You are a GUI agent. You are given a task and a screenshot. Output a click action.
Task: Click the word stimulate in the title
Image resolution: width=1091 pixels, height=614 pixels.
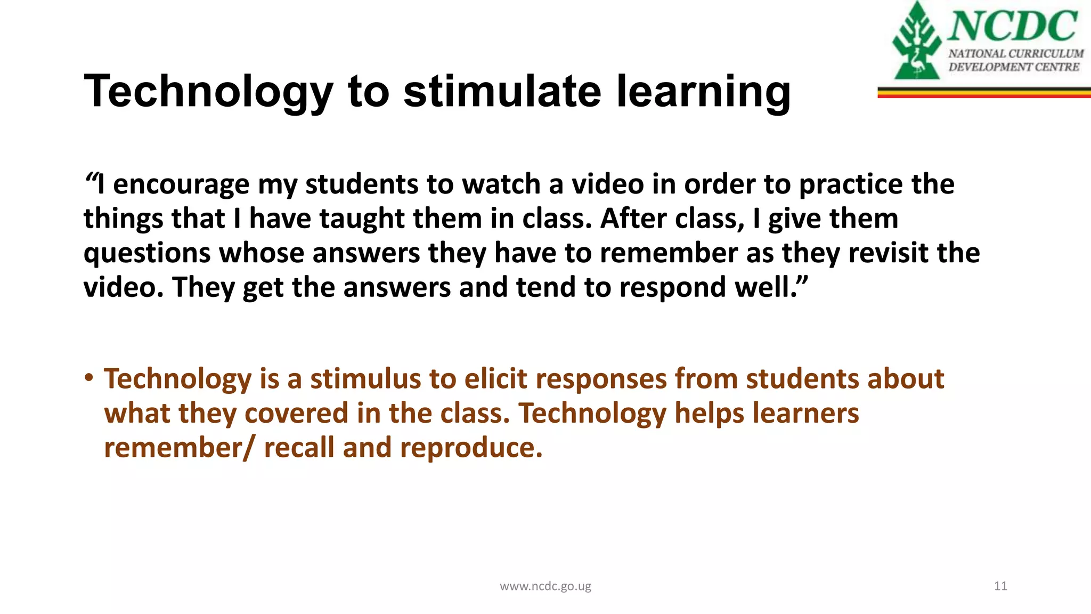502,91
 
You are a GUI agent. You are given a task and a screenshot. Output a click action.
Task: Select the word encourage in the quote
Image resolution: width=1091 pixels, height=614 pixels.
181,185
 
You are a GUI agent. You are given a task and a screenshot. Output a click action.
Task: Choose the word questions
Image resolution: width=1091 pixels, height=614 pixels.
147,254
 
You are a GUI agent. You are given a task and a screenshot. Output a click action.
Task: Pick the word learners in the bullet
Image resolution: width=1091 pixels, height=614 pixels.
805,414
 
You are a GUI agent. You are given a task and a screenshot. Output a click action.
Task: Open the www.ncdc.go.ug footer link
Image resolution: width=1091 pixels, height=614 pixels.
545,586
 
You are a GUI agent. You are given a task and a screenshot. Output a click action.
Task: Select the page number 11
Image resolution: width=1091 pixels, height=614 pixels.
1000,586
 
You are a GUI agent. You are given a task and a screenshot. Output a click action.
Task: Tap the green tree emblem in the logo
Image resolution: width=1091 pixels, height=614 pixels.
916,43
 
